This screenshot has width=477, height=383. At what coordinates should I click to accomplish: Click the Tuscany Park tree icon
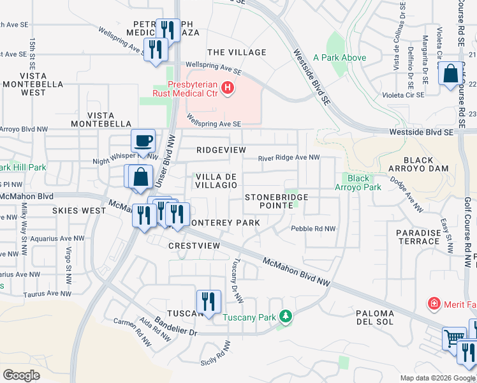287,315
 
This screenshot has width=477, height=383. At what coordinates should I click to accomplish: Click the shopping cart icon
455,338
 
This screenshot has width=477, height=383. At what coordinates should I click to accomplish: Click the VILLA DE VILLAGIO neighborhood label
216,181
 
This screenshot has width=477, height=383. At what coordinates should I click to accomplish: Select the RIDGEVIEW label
221,149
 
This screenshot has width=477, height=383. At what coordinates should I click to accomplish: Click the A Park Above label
339,57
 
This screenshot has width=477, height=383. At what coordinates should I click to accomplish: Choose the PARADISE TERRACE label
418,237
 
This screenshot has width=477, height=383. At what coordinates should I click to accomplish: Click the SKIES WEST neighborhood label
79,210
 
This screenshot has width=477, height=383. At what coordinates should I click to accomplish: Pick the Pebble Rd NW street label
313,229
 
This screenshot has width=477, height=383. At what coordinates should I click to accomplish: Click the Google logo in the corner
22,375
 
